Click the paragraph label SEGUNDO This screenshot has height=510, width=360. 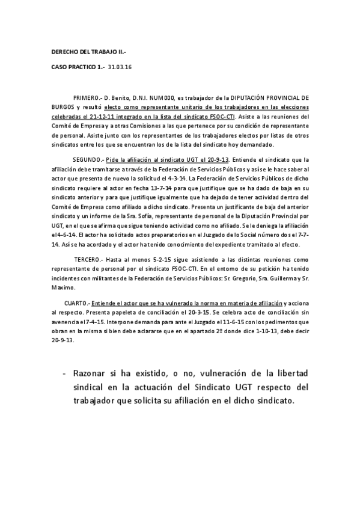[88, 159]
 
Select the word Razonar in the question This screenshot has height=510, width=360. [90, 373]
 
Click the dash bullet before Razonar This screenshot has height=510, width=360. [64, 373]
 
